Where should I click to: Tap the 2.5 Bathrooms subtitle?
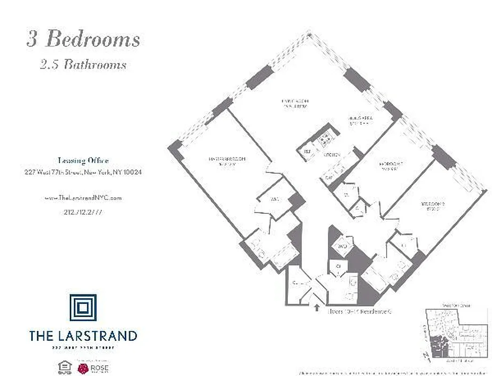(x=83, y=64)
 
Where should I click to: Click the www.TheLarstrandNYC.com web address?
(x=83, y=198)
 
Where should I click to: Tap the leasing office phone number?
(x=83, y=212)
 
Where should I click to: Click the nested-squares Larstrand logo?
(x=83, y=308)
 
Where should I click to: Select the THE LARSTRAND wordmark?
(x=83, y=336)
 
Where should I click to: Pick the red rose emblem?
(x=84, y=367)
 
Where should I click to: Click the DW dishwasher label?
(x=328, y=178)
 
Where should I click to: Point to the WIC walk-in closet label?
(x=275, y=199)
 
